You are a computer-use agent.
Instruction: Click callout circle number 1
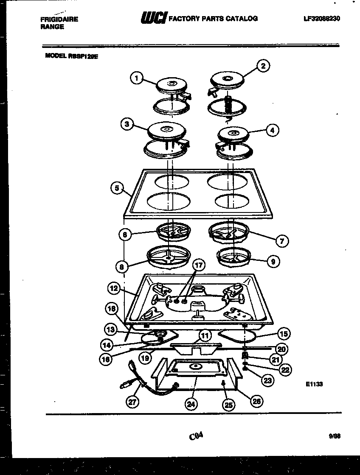tap(136, 78)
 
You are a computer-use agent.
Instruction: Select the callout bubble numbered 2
tap(263, 66)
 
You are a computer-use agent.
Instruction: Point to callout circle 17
tap(199, 266)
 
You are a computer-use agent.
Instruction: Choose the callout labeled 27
tap(133, 402)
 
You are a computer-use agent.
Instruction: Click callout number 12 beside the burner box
tap(113, 288)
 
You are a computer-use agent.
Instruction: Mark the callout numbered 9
tap(273, 262)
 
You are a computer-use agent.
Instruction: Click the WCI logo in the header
tap(150, 18)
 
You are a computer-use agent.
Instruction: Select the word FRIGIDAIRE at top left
tap(59, 20)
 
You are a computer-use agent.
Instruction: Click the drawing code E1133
tap(314, 384)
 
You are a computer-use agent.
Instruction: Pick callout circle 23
tap(267, 381)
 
